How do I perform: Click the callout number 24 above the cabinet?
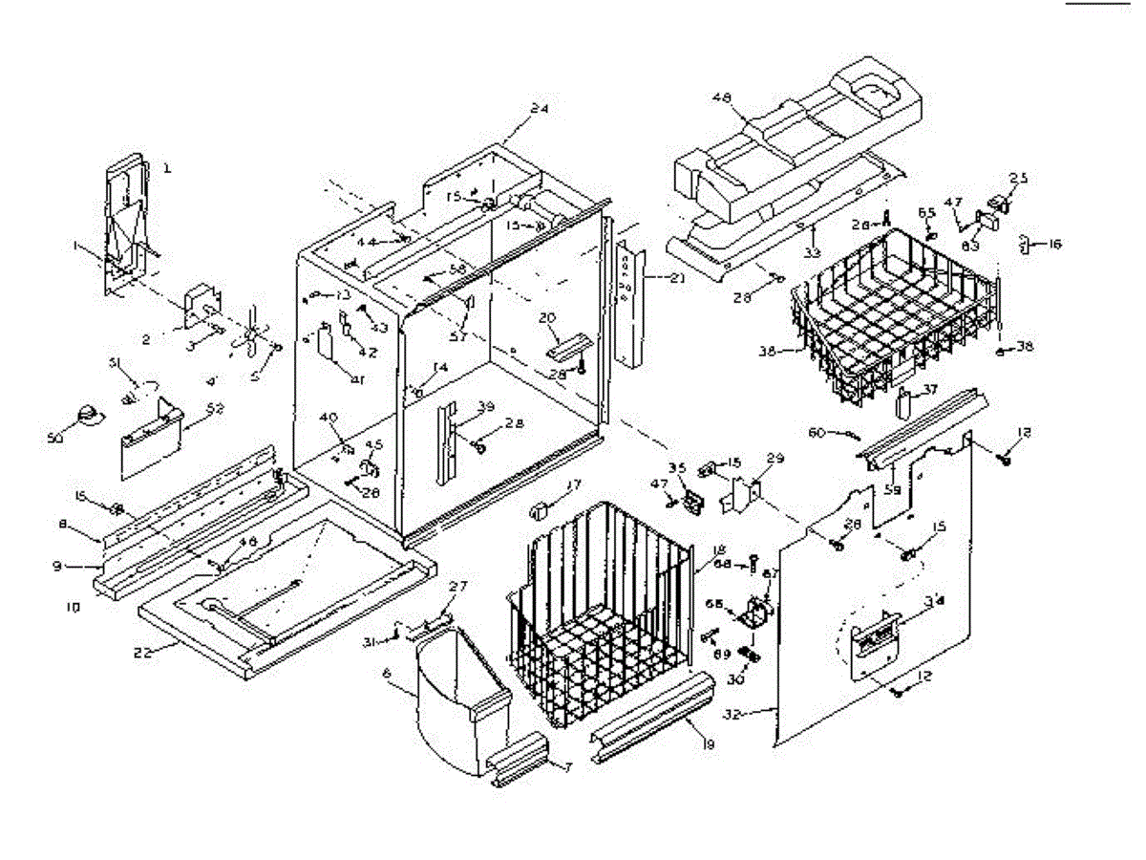click(540, 109)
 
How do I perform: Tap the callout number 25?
click(1019, 178)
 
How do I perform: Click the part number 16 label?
click(1054, 244)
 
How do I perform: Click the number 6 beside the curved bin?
click(387, 674)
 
